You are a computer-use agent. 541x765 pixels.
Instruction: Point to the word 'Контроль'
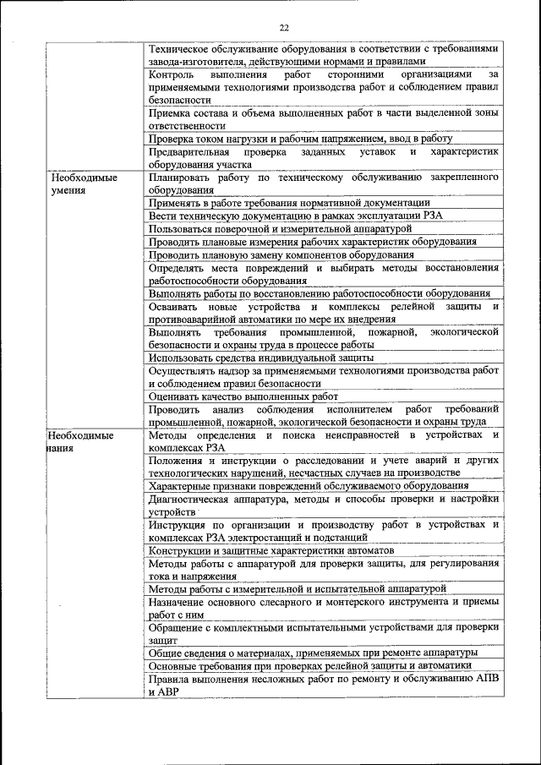coord(172,74)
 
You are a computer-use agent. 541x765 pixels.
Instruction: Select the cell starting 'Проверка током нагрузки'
coord(300,138)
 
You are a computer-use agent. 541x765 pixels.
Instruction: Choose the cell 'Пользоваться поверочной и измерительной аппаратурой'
coord(280,228)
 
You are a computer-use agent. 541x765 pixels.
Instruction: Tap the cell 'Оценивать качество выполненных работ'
coord(243,396)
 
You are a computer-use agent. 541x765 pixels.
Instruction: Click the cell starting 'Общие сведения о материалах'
coord(313,653)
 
